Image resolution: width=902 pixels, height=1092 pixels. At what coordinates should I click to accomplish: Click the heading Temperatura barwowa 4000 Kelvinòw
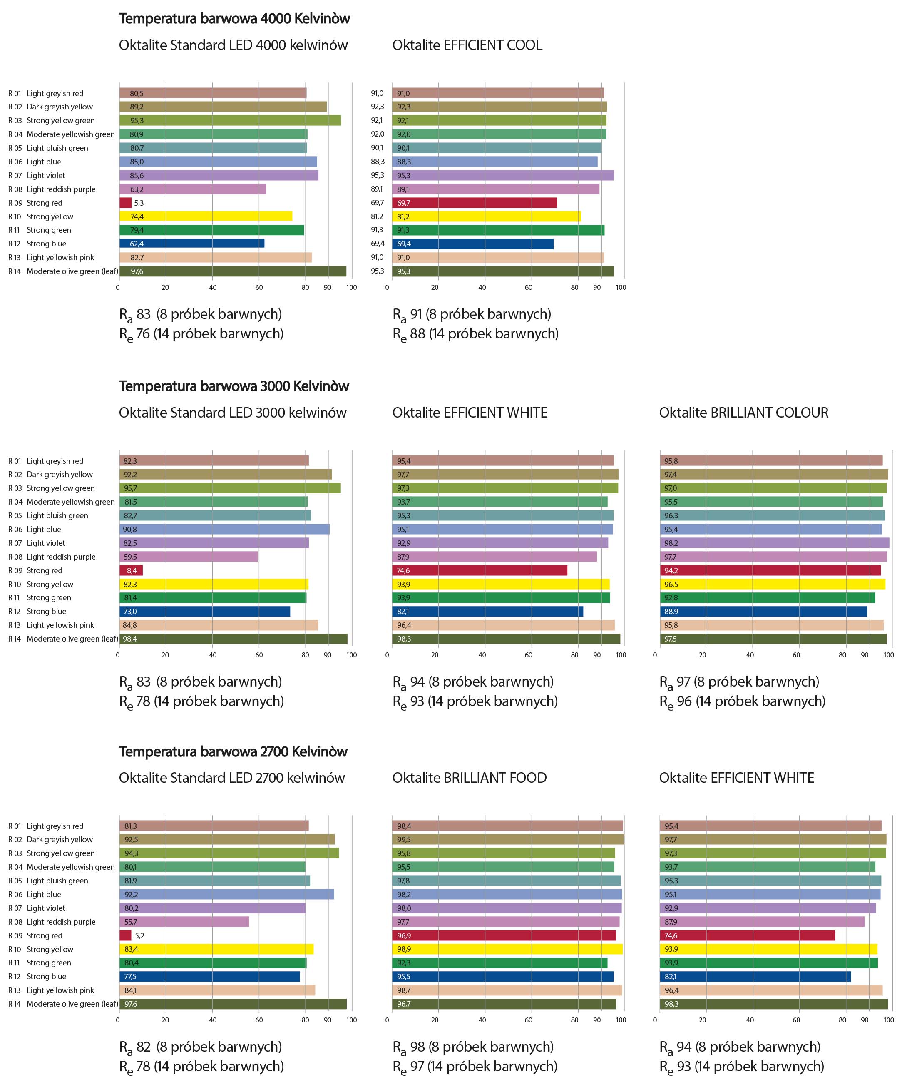[234, 19]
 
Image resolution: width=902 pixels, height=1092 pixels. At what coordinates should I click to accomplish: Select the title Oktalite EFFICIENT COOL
[467, 45]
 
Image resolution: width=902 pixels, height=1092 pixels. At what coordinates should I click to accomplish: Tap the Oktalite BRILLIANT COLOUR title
[743, 413]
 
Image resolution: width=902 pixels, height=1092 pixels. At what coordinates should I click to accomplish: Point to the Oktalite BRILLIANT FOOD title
[469, 778]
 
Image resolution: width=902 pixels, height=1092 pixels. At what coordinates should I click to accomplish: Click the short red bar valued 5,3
[125, 203]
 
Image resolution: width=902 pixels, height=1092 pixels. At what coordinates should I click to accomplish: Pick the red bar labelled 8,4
[131, 570]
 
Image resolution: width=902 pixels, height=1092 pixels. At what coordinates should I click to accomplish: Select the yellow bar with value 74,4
[206, 216]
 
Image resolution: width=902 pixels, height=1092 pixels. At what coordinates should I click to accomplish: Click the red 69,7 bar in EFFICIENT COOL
[475, 203]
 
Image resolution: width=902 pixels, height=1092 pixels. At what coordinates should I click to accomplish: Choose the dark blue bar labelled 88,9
[763, 611]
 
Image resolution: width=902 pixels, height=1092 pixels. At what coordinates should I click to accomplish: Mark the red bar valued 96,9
[504, 935]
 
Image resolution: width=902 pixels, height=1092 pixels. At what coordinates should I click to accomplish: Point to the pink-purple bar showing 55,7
[184, 922]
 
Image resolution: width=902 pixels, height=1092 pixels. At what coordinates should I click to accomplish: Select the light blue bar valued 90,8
[224, 529]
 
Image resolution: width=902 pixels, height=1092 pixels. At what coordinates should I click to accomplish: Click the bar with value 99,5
[508, 839]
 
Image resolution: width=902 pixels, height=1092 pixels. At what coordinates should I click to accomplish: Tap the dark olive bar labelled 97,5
[773, 639]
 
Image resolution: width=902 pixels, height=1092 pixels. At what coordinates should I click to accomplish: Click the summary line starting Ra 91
[472, 314]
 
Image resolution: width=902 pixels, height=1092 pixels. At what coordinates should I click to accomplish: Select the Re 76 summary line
[201, 334]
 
